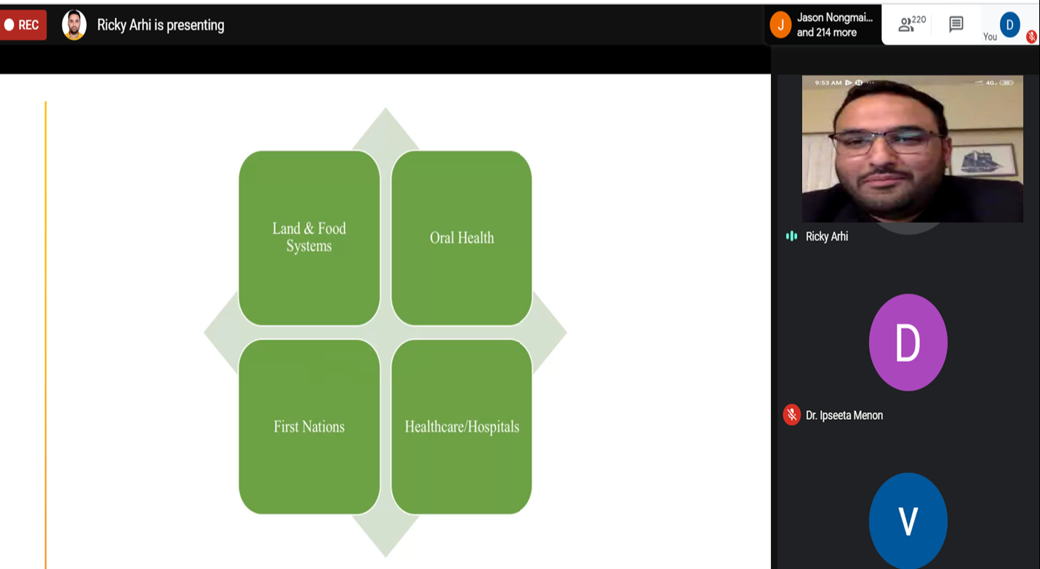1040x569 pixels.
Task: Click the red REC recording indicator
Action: (x=23, y=25)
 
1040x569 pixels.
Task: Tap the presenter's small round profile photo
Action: (x=74, y=25)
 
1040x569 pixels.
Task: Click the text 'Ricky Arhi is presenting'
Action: (x=161, y=25)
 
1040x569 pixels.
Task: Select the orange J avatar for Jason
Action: (x=780, y=25)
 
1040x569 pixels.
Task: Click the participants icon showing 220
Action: (x=911, y=24)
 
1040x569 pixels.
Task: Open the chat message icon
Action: (x=956, y=24)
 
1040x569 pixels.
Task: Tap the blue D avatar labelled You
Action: (x=1010, y=25)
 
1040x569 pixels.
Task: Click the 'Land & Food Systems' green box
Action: (x=309, y=238)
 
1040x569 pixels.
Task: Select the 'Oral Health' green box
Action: (x=462, y=238)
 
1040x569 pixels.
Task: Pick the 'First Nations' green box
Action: (x=309, y=426)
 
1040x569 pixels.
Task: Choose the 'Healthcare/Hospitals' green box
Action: (x=462, y=426)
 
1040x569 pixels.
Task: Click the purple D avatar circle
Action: (x=908, y=342)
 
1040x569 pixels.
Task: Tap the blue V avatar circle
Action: (x=908, y=521)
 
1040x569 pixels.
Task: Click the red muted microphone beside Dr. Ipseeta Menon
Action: (x=791, y=415)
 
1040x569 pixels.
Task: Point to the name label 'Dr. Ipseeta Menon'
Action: (x=844, y=415)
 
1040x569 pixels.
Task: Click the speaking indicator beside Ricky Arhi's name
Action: (x=791, y=236)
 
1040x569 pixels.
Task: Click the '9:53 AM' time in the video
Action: (x=828, y=83)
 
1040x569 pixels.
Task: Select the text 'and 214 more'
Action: (x=827, y=33)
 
